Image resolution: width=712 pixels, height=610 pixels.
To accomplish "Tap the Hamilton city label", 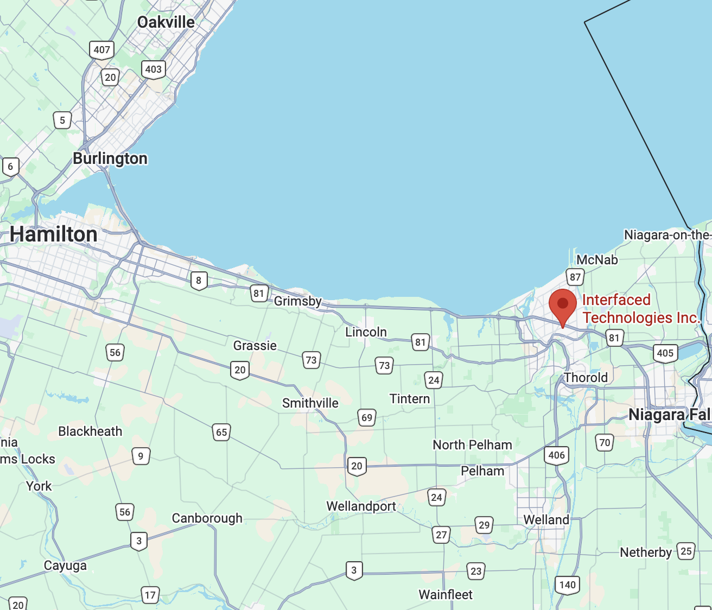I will tap(54, 234).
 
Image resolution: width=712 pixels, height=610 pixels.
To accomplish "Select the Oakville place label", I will tap(166, 22).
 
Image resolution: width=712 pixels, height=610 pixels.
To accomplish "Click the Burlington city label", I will tap(110, 158).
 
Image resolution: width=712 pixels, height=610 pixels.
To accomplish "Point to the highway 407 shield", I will tap(101, 50).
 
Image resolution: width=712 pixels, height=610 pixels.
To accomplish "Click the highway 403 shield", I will tap(153, 69).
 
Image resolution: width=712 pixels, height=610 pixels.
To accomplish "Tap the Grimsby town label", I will tap(297, 301).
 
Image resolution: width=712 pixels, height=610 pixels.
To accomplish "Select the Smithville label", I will tap(310, 403).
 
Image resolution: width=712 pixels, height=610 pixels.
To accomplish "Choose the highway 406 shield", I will tap(556, 455).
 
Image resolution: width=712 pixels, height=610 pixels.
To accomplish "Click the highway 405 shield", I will tap(665, 353).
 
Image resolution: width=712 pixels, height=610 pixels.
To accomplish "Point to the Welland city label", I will tap(546, 520).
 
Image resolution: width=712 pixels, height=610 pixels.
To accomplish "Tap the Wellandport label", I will tap(361, 506).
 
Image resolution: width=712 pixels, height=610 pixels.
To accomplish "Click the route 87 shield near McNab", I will tap(575, 277).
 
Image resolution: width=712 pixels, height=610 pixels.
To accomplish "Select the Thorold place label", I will tap(586, 378).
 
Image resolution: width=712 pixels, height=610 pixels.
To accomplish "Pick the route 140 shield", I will tap(567, 585).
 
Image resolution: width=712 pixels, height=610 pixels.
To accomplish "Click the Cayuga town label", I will tap(65, 565).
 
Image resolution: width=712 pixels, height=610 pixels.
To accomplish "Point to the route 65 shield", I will tap(221, 433).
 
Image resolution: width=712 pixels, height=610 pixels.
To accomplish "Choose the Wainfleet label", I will tap(445, 595).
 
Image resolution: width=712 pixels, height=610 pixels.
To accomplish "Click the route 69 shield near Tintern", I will tap(367, 418).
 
